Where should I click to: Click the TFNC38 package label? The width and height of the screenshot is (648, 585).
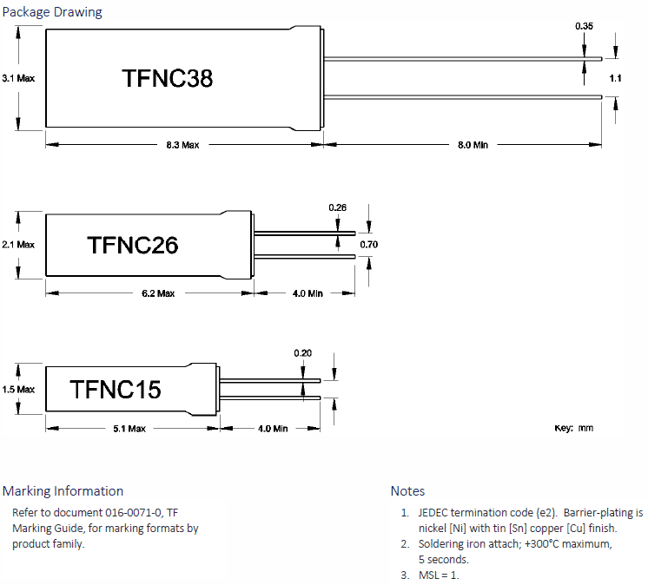click(x=168, y=79)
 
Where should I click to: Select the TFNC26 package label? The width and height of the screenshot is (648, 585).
click(x=133, y=246)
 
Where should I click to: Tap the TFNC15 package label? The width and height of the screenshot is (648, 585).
click(x=116, y=390)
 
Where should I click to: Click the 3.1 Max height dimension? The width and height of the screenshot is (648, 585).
click(x=18, y=78)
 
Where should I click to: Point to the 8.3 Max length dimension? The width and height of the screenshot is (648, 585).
click(x=182, y=145)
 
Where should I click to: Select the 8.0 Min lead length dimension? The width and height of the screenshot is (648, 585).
click(x=472, y=145)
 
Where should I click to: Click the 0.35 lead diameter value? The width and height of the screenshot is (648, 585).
click(x=585, y=27)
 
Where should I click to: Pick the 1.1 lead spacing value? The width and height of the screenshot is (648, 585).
click(x=615, y=78)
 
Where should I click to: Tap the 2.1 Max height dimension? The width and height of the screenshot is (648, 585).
click(x=18, y=245)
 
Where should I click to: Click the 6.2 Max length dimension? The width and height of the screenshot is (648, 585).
click(x=157, y=293)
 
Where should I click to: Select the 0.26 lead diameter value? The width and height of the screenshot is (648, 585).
click(x=338, y=207)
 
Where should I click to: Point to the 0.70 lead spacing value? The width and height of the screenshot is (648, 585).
click(x=369, y=245)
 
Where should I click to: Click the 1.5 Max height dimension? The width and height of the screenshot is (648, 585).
click(x=18, y=390)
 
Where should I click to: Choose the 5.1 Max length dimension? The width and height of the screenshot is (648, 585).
click(x=129, y=429)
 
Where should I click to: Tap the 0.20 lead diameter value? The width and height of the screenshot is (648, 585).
click(x=302, y=352)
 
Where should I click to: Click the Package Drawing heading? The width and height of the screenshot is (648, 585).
click(x=52, y=12)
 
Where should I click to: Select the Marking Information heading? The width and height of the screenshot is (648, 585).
click(x=63, y=491)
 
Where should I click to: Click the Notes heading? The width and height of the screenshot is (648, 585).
click(x=407, y=491)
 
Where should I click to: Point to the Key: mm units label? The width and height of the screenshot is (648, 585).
click(x=574, y=429)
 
